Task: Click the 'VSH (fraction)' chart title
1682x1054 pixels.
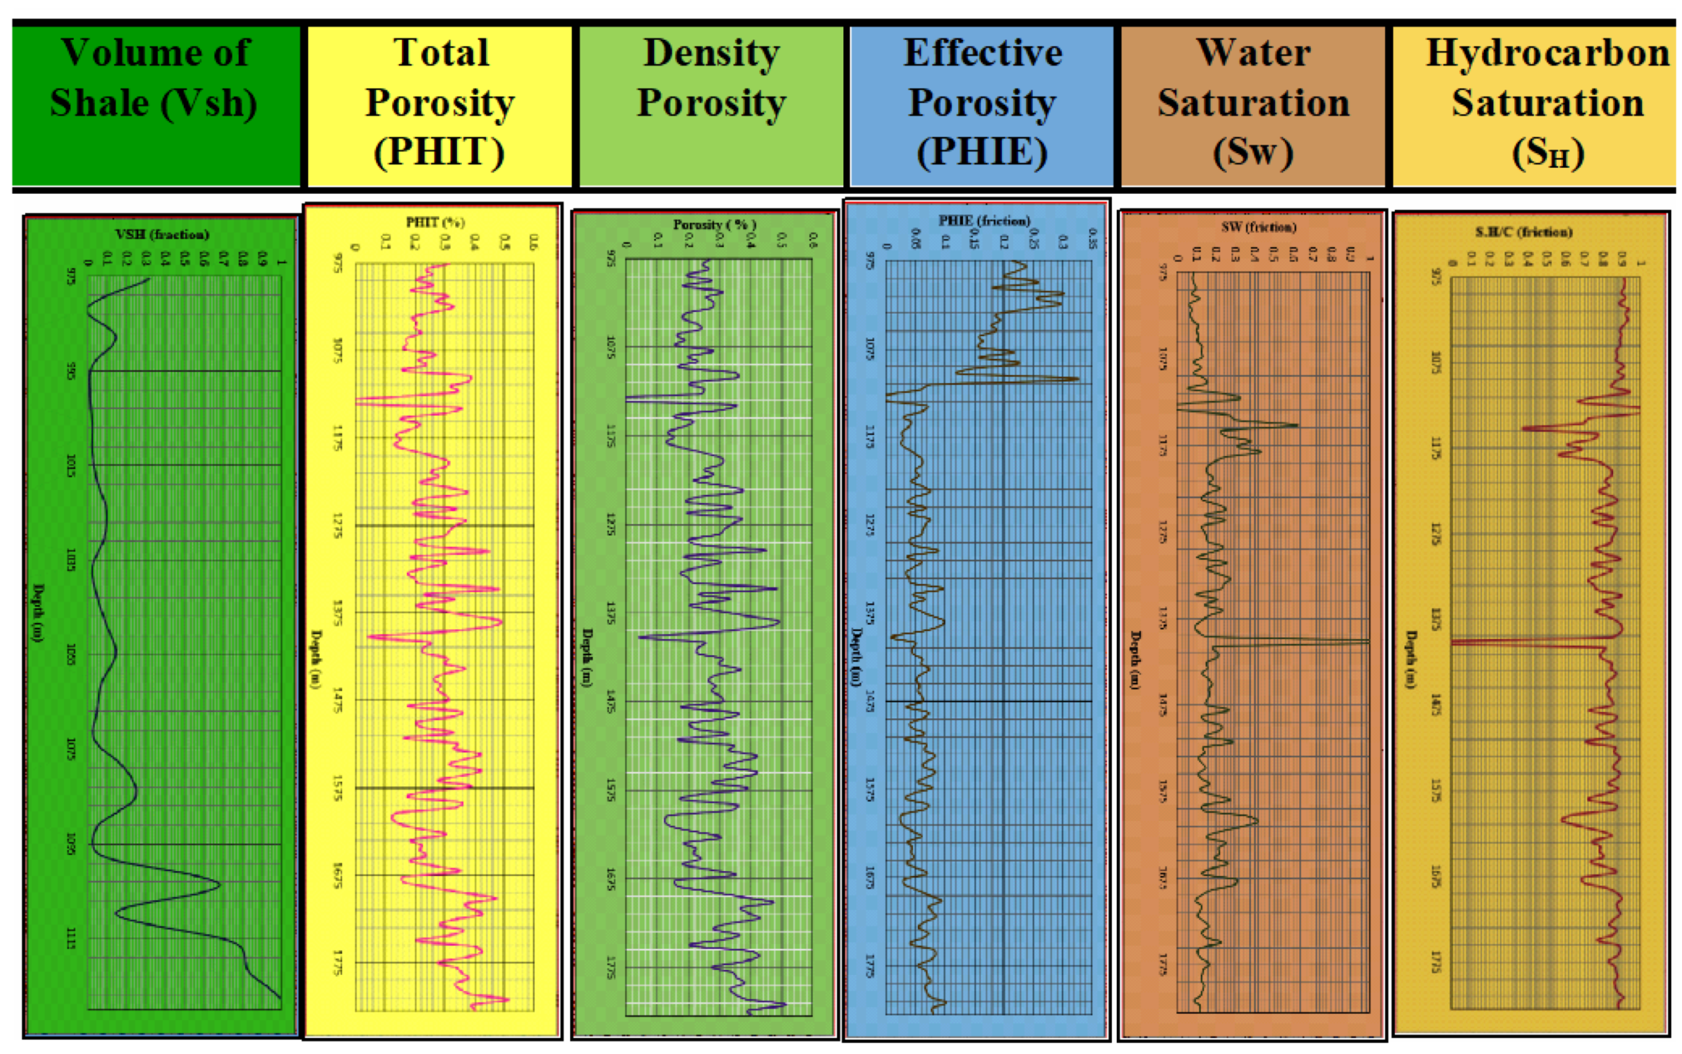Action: pos(162,234)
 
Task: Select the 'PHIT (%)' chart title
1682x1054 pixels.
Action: pos(435,222)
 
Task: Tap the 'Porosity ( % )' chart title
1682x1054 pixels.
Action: pos(714,225)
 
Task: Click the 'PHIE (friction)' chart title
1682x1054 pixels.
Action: pos(984,220)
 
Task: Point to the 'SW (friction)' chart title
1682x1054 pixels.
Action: pos(1258,227)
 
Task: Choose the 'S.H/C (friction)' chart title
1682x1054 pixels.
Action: pos(1524,231)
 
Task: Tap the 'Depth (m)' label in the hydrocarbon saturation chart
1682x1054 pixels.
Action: pos(1411,659)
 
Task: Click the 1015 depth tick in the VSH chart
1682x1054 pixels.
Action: pos(71,465)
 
